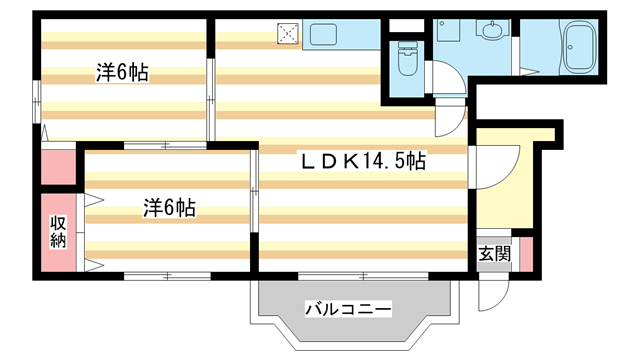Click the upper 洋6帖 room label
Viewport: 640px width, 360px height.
click(x=123, y=72)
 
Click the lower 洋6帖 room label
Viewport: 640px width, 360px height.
click(x=168, y=208)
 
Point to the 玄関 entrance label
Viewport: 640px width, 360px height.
click(x=494, y=253)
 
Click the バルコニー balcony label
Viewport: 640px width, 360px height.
click(x=347, y=309)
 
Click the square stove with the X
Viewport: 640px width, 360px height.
click(x=289, y=34)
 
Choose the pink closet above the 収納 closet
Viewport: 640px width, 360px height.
click(x=59, y=166)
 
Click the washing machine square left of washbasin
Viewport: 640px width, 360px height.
click(x=447, y=30)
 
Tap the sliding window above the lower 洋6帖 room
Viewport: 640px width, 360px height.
click(x=166, y=146)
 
